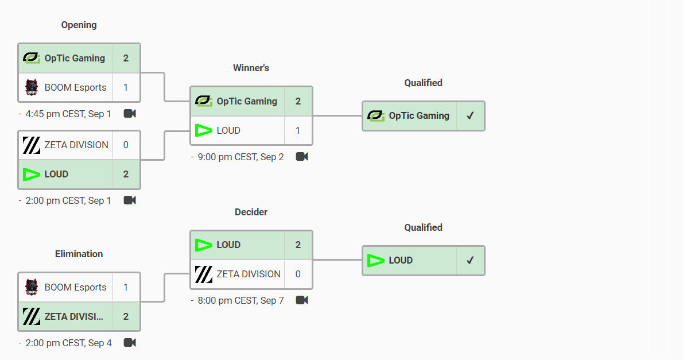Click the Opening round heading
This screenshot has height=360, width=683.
pos(79,25)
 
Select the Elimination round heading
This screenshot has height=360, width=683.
pos(79,254)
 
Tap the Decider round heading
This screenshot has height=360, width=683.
pos(251,212)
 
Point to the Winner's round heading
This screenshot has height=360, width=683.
pos(251,68)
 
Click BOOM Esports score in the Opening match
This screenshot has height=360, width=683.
pos(126,88)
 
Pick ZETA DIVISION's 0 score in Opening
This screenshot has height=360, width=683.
pos(126,145)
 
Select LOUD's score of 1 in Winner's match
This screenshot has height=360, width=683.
pos(297,131)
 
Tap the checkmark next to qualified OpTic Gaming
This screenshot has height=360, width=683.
pos(470,116)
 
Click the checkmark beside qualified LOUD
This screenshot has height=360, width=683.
pos(470,261)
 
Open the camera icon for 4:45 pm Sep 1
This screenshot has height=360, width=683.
pos(130,114)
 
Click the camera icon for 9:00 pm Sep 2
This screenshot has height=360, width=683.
pos(302,157)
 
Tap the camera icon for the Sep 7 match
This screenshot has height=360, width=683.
pos(302,300)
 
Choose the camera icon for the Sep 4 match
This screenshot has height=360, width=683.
pos(130,343)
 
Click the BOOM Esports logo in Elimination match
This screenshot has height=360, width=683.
pos(32,287)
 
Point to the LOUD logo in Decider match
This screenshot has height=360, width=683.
pos(203,245)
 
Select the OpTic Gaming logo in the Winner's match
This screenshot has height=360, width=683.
pos(203,101)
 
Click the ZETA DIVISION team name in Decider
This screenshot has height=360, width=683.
pos(249,274)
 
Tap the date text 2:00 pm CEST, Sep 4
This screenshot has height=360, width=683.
pos(68,343)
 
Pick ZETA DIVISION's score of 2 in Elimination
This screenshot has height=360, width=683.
pos(126,317)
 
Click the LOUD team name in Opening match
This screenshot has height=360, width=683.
pos(56,175)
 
